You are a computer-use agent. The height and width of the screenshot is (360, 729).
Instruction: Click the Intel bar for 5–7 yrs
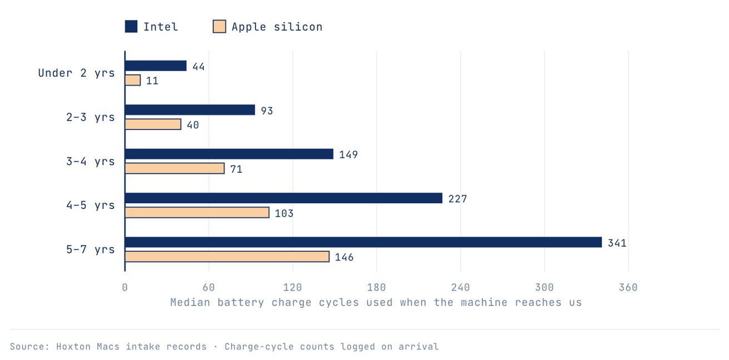(363, 242)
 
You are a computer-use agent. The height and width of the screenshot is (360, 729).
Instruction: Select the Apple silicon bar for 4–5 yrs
(197, 213)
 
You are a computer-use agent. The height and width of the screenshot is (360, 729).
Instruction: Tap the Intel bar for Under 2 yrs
(156, 66)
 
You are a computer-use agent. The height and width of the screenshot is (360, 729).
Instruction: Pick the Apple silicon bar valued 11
(133, 81)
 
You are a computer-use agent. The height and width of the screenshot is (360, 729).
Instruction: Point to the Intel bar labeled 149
(229, 154)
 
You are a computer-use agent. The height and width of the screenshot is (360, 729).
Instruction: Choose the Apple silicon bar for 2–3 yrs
(153, 124)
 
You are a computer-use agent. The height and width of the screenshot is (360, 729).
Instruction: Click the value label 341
(617, 243)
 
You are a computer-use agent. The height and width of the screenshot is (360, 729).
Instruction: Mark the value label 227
(458, 198)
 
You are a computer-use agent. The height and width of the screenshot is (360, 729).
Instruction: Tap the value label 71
(236, 169)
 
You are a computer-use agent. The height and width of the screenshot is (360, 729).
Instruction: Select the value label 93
(267, 111)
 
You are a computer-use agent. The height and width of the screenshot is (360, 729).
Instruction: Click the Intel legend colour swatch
(131, 26)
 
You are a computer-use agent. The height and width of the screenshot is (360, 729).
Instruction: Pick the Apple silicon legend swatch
(219, 26)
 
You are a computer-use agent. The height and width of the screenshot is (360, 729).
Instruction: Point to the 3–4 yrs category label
(91, 161)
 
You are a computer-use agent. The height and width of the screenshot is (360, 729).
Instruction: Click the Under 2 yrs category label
(77, 73)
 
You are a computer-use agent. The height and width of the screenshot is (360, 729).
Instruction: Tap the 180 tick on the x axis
(377, 287)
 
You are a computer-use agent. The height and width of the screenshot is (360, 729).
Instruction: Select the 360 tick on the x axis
(628, 287)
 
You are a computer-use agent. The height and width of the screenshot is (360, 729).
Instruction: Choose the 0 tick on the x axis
(125, 287)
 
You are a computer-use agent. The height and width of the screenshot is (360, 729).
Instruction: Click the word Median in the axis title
(191, 302)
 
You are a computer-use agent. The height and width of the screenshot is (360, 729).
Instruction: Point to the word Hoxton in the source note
(73, 346)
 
